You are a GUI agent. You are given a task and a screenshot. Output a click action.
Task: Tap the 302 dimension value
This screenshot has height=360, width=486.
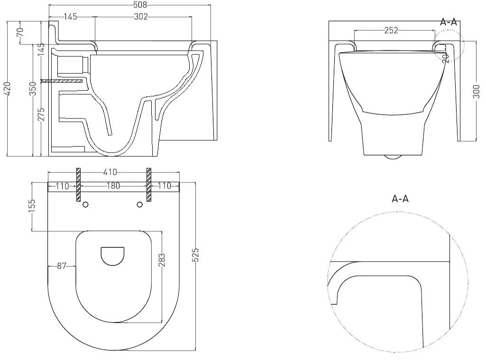pyautogui.click(x=141, y=17)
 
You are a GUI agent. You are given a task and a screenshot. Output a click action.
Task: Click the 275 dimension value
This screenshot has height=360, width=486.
pyautogui.click(x=41, y=114)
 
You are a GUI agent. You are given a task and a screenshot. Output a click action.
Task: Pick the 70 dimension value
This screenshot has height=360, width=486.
pyautogui.click(x=20, y=32)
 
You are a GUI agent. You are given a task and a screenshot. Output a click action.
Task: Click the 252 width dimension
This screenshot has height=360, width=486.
pyautogui.click(x=391, y=30)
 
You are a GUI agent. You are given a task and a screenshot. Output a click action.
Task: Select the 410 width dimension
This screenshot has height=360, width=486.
pyautogui.click(x=110, y=172)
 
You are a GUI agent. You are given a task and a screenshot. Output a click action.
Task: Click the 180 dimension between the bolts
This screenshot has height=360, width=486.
pyautogui.click(x=113, y=186)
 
